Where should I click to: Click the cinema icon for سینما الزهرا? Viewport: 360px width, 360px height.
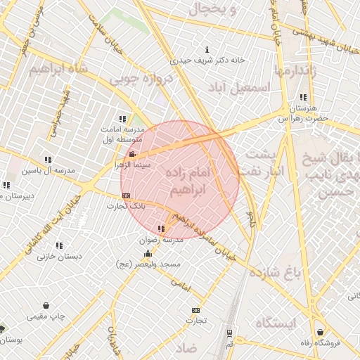(132, 154)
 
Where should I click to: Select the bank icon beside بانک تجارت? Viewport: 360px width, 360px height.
(126, 195)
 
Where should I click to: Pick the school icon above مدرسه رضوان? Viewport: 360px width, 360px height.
(162, 229)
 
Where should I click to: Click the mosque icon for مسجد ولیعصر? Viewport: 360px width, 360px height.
(148, 254)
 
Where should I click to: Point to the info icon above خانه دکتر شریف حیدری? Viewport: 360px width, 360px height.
(207, 50)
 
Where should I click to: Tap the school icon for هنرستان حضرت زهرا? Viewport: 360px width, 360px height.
(303, 98)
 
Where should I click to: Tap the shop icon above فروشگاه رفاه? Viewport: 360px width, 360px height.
(321, 332)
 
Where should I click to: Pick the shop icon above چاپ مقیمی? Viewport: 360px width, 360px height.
(46, 306)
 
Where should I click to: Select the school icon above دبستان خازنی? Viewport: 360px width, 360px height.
(60, 245)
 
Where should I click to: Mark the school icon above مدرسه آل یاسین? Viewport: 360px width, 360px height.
(48, 160)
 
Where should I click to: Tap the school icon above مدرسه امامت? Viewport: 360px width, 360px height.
(123, 119)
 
